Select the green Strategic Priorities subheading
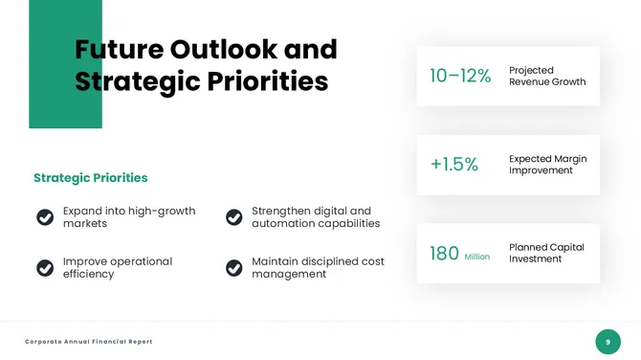tap(91, 178)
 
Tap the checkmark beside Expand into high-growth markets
tap(45, 217)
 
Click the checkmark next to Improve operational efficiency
tap(45, 268)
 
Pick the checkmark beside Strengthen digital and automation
tap(234, 217)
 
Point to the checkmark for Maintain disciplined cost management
tap(234, 268)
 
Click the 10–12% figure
tap(460, 77)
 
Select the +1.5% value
tap(453, 165)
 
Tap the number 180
tap(444, 254)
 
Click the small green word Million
tap(476, 257)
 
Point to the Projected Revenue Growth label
tap(546, 77)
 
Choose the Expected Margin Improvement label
tap(547, 165)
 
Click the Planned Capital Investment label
tap(546, 253)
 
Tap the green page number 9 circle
tap(608, 342)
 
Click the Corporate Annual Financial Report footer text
tap(89, 342)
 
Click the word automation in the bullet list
tap(283, 224)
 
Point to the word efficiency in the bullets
tap(88, 274)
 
